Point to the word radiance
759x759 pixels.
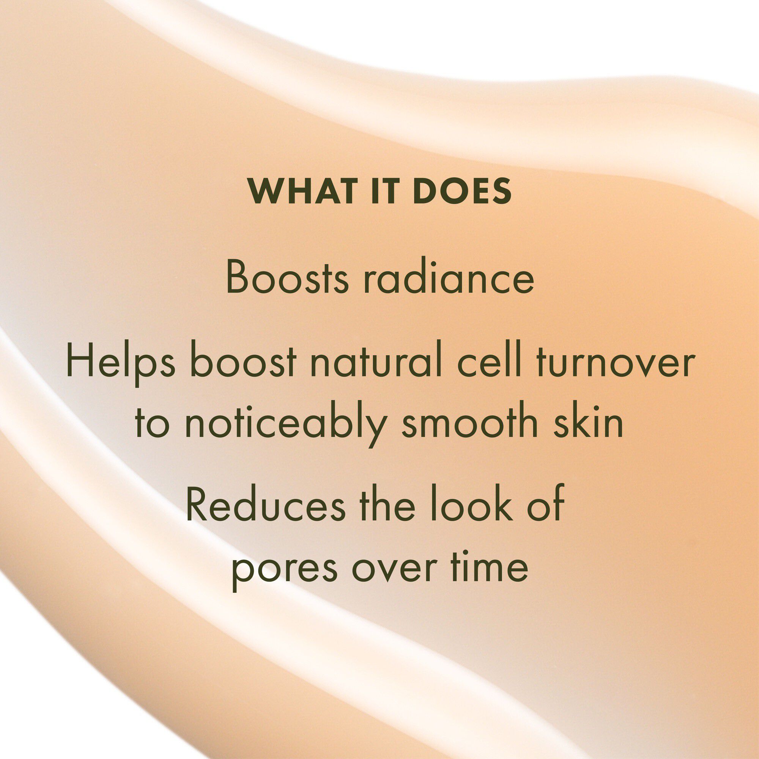pos(449,277)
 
